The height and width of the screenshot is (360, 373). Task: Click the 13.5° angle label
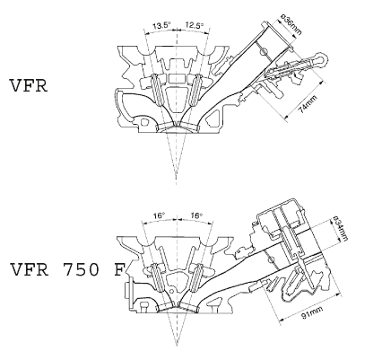click(x=161, y=25)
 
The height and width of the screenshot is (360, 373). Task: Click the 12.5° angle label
click(x=194, y=25)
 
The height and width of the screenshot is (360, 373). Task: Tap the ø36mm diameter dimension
click(x=292, y=25)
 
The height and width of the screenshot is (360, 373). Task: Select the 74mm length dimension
click(x=308, y=104)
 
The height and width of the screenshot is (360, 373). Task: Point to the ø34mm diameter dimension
click(x=341, y=228)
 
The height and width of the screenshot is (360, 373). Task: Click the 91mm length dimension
click(x=312, y=312)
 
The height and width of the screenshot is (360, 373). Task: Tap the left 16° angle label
click(x=160, y=215)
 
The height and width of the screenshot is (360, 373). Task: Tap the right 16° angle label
click(x=196, y=215)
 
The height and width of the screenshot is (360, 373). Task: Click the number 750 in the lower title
click(x=81, y=269)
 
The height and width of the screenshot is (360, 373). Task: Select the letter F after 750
click(x=119, y=269)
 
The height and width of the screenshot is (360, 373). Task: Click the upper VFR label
click(x=29, y=86)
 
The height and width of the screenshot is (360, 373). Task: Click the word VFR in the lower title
click(x=29, y=269)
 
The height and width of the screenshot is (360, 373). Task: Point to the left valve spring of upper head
click(x=157, y=90)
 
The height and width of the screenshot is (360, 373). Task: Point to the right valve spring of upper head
click(x=195, y=90)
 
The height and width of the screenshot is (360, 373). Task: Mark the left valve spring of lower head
click(x=158, y=277)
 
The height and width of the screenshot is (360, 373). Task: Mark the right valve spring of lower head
click(x=196, y=277)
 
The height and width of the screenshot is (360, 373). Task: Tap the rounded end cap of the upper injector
click(x=322, y=58)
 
